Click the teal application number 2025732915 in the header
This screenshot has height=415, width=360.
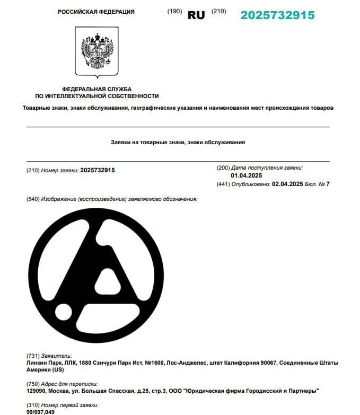pos(277,15)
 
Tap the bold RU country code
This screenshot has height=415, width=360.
pos(196,15)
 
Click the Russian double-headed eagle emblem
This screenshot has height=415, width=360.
pos(96,51)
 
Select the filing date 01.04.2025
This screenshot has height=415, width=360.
pos(247,175)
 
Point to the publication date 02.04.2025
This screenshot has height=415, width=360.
pos(287,184)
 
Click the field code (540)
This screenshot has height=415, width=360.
pos(32,199)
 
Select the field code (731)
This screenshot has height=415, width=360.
pos(32,356)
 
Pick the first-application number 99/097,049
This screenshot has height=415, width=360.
pos(40,412)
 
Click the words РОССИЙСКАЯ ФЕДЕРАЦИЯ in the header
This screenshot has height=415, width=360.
pos(96,12)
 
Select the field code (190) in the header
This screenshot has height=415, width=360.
pos(174,11)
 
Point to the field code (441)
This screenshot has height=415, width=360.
pos(223,184)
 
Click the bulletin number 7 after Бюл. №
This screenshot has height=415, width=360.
pos(328,184)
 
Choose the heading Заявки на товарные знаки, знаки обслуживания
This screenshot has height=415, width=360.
pos(178,143)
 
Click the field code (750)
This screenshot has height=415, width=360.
pos(32,384)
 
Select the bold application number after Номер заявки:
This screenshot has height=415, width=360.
pos(98,170)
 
